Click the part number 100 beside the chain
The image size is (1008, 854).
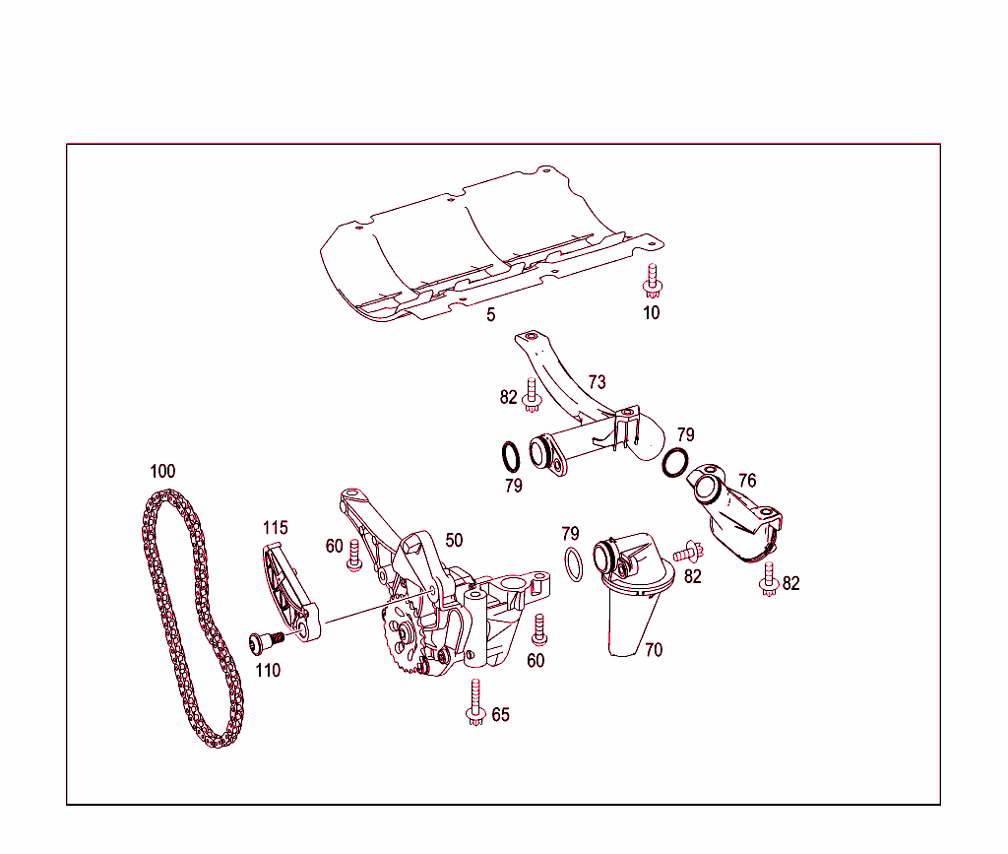(x=162, y=471)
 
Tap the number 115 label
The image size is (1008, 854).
(x=275, y=528)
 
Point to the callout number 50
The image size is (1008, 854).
(x=453, y=540)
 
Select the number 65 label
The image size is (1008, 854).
(x=501, y=715)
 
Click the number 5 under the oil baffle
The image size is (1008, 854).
(x=490, y=315)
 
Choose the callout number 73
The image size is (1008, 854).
(x=597, y=382)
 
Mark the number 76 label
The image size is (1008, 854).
(x=747, y=481)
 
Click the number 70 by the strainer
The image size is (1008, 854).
(x=654, y=649)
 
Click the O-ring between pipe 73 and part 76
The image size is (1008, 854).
(x=675, y=461)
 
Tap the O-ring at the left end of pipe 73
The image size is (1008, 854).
(x=510, y=457)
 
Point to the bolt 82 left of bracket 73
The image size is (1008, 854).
(x=533, y=395)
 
